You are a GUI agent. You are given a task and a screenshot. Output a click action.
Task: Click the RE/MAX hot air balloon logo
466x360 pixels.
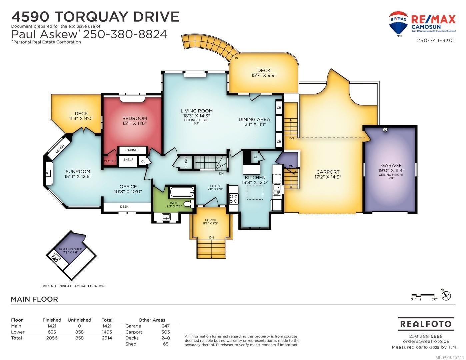[398, 23]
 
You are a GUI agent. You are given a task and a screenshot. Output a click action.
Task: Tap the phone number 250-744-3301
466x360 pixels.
[436, 40]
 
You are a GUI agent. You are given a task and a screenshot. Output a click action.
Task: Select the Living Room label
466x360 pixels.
[196, 111]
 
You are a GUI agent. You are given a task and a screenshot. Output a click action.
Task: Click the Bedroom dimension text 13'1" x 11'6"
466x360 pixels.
[134, 123]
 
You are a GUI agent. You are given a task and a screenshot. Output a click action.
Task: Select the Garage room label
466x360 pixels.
[391, 165]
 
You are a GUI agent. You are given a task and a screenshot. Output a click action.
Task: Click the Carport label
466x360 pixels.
[328, 172]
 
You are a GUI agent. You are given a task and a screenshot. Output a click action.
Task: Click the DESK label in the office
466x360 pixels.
[124, 207]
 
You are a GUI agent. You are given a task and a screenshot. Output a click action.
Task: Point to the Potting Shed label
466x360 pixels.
[71, 249]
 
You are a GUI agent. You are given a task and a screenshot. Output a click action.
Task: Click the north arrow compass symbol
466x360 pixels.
[446, 295]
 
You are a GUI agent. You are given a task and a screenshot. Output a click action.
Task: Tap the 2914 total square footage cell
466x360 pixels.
[107, 338]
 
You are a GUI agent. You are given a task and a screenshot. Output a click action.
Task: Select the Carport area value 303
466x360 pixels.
[165, 332]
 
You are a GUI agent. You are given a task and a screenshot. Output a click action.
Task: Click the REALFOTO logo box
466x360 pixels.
[426, 324]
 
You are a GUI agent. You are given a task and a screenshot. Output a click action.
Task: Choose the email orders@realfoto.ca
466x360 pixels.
[426, 341]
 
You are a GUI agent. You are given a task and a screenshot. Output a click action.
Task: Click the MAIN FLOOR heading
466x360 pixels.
[34, 299]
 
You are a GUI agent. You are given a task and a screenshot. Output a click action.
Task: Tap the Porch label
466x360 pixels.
[210, 220]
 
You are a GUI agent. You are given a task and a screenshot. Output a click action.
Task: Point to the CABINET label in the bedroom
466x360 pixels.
[132, 150]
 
